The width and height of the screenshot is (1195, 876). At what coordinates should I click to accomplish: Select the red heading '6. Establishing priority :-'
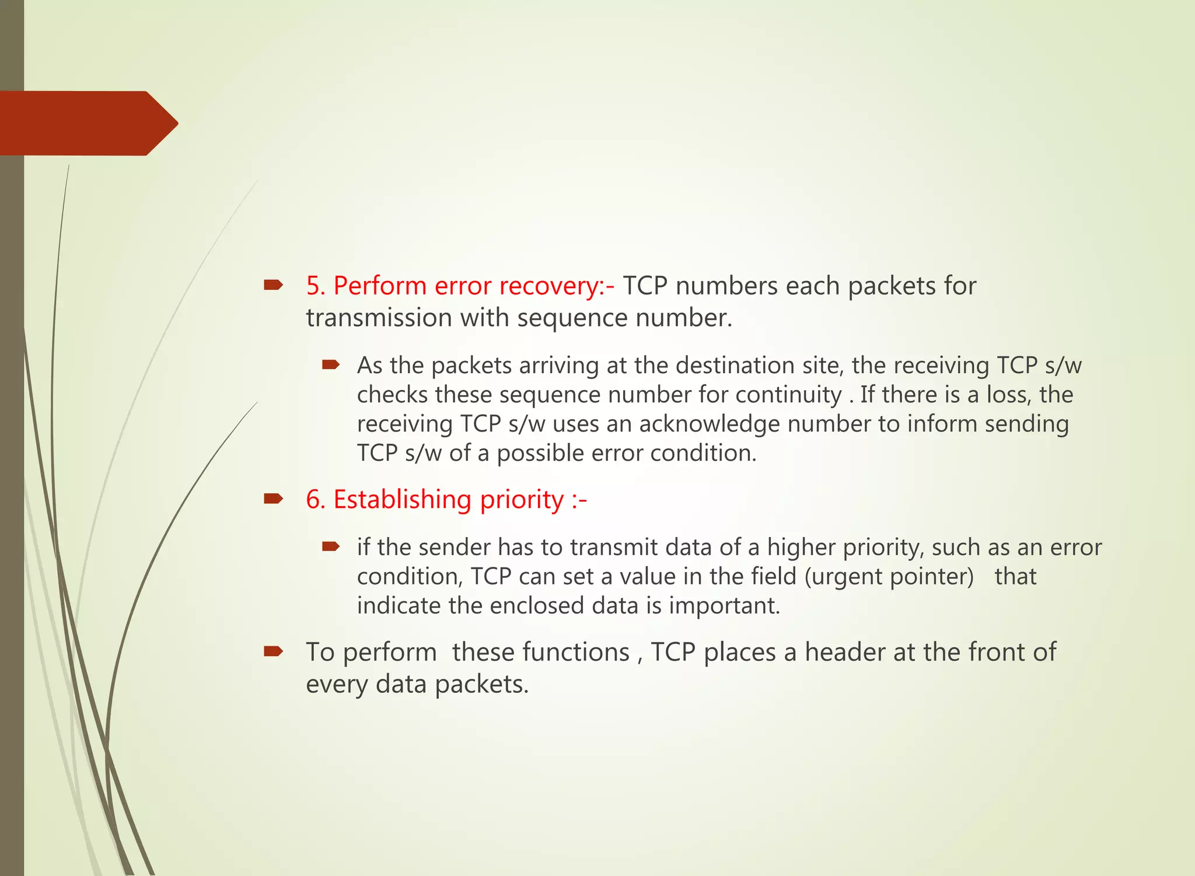coord(446,500)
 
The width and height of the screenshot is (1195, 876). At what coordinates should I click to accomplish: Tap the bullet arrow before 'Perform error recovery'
coord(273,285)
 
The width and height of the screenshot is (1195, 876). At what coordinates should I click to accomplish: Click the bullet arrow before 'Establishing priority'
coord(273,499)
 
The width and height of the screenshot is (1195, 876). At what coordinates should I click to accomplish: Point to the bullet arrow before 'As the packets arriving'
coord(330,365)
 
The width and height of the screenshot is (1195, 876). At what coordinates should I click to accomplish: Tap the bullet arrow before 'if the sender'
coord(330,546)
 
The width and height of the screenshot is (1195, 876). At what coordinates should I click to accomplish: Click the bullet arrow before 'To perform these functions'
coord(273,651)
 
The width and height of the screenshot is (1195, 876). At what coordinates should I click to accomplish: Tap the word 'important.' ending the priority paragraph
coord(724,606)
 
